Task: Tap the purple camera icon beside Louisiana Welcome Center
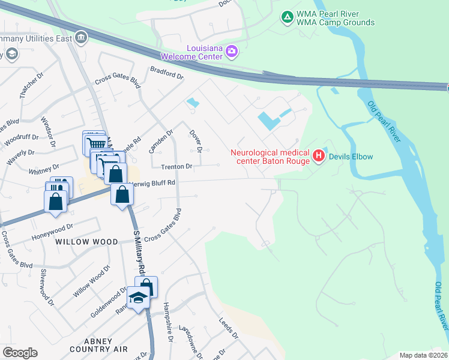(x=232, y=52)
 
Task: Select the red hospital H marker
(x=318, y=157)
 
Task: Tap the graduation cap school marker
(x=139, y=298)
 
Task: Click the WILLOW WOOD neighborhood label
(x=82, y=242)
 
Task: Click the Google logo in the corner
(x=20, y=352)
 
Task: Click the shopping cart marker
(x=94, y=143)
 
